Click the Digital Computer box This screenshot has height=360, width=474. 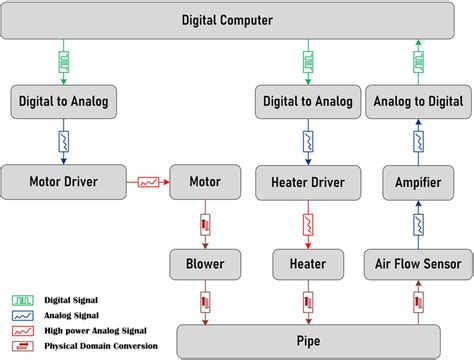[x=237, y=19]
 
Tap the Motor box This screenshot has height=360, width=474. [x=205, y=182]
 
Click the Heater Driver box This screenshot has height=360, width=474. [x=308, y=182]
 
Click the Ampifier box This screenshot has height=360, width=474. [x=417, y=182]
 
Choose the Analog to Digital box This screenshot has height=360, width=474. [x=417, y=100]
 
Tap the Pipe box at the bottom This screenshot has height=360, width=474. [x=308, y=337]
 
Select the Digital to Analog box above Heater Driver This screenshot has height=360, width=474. [x=308, y=100]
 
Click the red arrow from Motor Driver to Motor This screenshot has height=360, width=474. [x=148, y=182]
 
